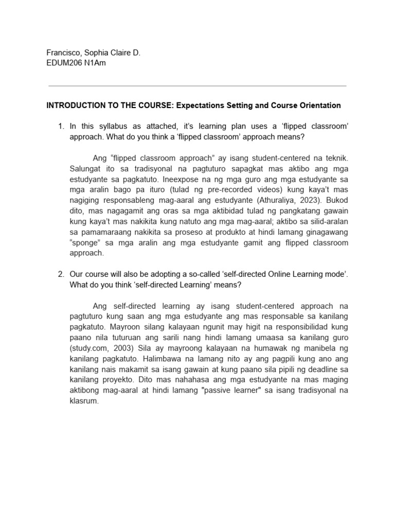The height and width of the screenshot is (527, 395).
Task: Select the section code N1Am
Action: [x=95, y=63]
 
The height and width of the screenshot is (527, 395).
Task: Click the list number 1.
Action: [x=61, y=127]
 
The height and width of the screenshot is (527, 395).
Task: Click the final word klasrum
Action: [x=84, y=401]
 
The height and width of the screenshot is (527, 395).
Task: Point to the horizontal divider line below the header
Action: [x=197, y=85]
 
